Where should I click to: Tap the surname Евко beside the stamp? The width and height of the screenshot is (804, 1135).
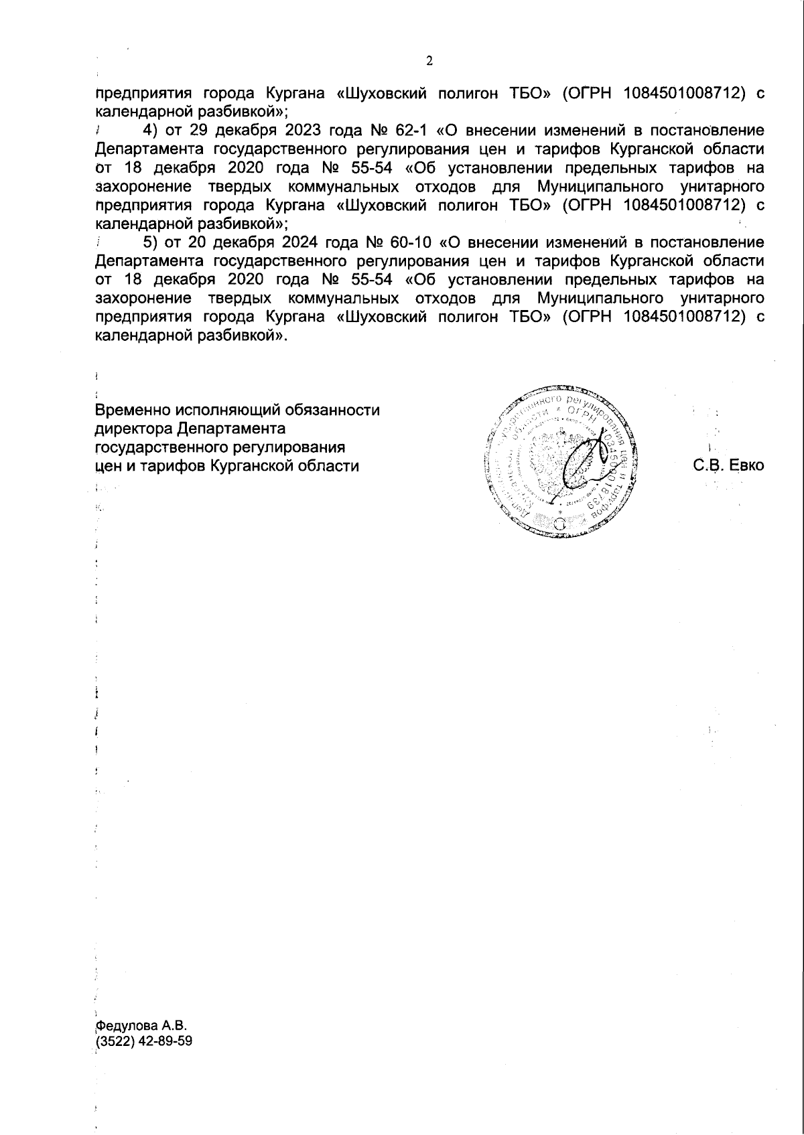click(x=746, y=465)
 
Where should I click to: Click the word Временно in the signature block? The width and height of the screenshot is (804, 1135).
click(x=132, y=410)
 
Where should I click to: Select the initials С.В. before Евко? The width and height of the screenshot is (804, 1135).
click(x=709, y=465)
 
